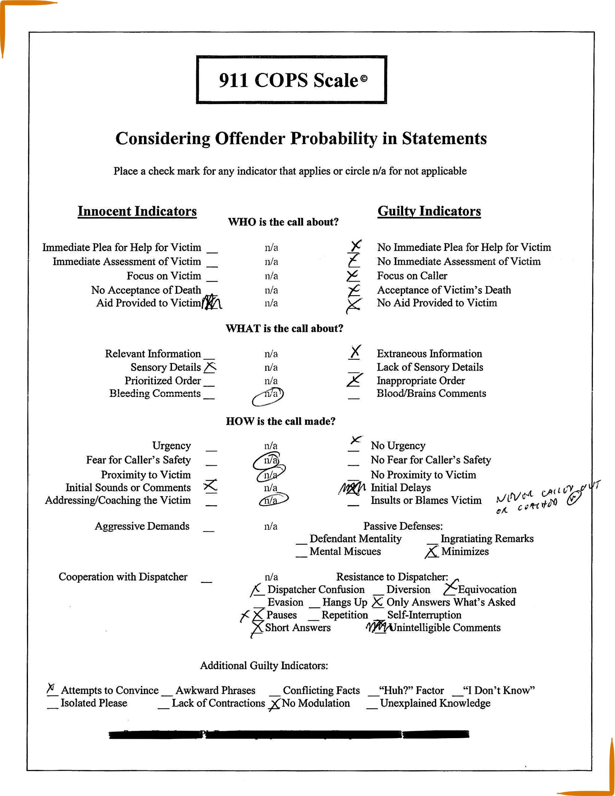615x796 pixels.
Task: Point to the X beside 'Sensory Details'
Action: [x=210, y=367]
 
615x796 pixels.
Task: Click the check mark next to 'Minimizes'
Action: [x=432, y=552]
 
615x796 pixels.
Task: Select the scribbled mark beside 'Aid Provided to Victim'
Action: [x=211, y=302]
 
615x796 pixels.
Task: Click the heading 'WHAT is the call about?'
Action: [x=284, y=328]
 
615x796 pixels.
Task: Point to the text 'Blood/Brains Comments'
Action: [x=431, y=394]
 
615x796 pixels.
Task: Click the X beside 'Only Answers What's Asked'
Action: [x=377, y=602]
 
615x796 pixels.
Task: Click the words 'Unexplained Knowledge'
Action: [x=435, y=703]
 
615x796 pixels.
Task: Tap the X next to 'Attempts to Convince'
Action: [x=51, y=688]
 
